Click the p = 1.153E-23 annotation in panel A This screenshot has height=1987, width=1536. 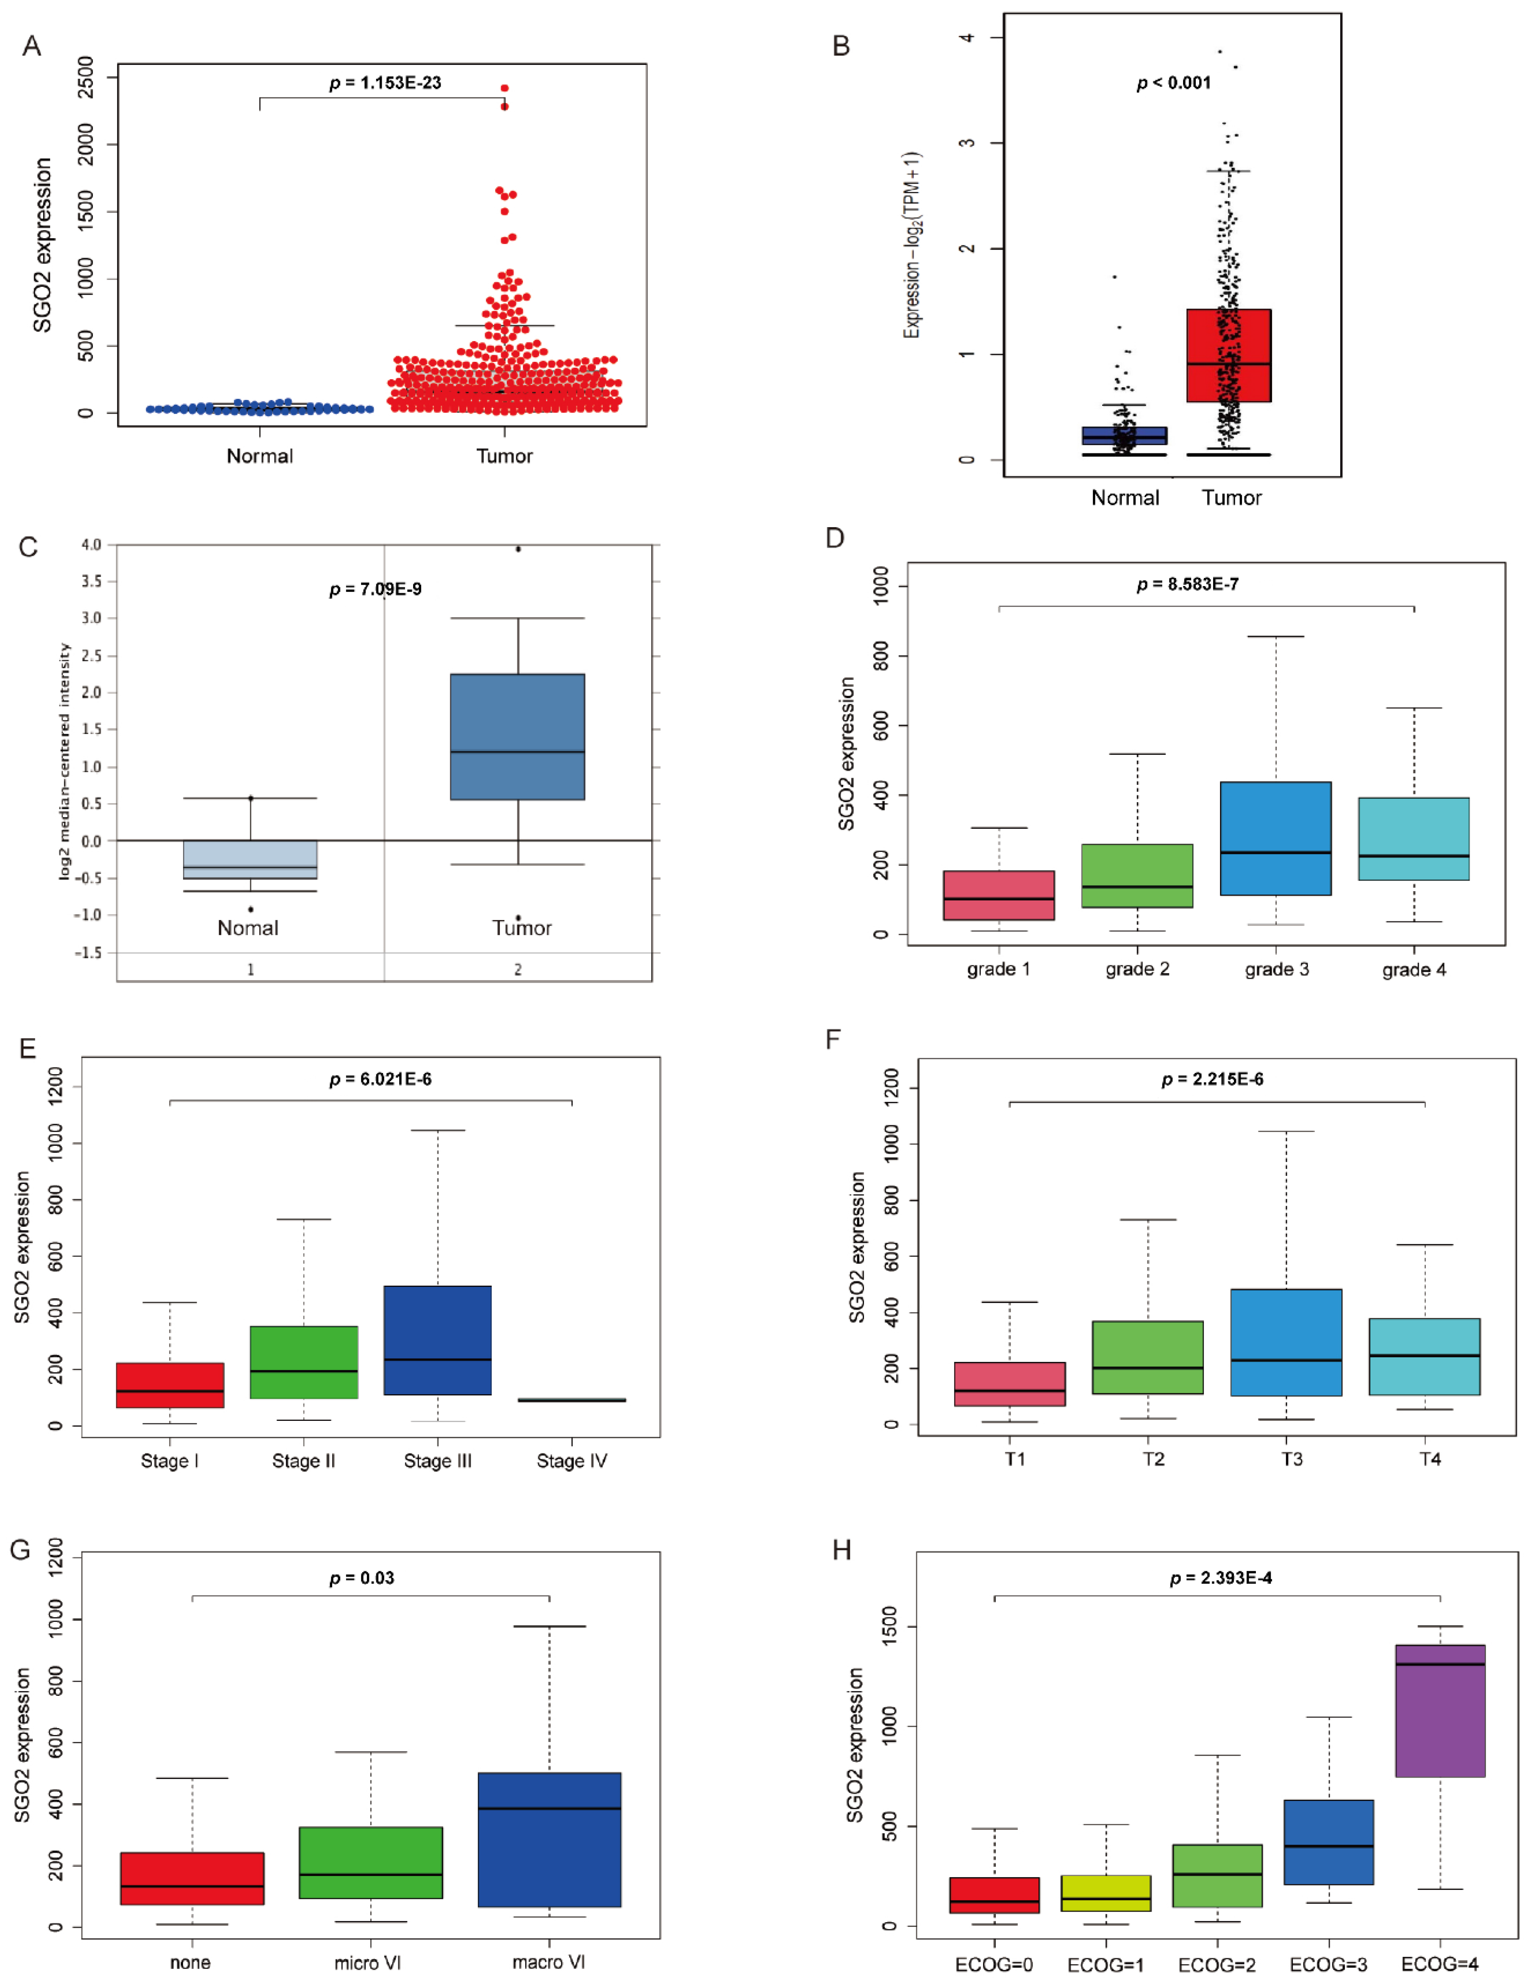click(385, 83)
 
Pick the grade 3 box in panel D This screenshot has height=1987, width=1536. click(1276, 838)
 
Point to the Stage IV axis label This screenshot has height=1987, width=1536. click(572, 1461)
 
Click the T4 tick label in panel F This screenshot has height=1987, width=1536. click(1430, 1459)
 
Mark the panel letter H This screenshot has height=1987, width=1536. click(842, 1550)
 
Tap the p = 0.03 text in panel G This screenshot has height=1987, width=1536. click(362, 1578)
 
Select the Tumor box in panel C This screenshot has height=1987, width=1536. click(518, 737)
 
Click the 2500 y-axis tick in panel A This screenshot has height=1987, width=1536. click(86, 77)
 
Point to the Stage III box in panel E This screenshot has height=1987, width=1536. click(438, 1340)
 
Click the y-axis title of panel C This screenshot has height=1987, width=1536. click(64, 761)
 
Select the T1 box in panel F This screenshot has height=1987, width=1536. click(1010, 1384)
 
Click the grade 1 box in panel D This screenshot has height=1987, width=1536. click(999, 895)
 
